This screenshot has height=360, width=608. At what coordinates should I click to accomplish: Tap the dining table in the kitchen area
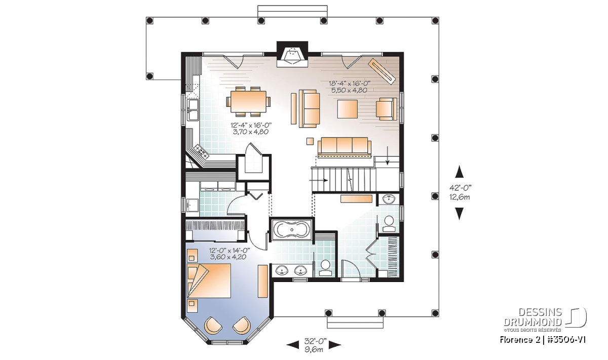[248, 101]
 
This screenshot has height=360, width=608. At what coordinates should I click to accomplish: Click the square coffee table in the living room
[348, 109]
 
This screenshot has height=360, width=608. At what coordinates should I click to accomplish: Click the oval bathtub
[292, 230]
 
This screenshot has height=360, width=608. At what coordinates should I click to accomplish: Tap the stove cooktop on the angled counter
[201, 152]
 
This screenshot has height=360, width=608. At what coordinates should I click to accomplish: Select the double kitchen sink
[194, 110]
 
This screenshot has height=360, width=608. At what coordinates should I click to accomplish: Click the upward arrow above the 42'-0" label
[459, 172]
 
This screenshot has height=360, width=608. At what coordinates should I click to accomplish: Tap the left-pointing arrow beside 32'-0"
[293, 345]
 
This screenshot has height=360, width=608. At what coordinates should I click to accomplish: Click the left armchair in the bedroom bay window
[213, 325]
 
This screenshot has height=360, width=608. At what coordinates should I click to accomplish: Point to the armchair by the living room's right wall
[386, 109]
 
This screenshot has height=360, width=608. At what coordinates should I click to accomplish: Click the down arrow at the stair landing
[388, 156]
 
